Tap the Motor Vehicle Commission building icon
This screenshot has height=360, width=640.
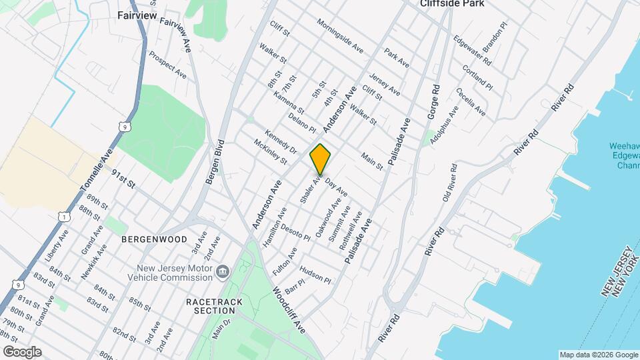[x=223, y=271]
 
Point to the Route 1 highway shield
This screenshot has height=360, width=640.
[x=63, y=217]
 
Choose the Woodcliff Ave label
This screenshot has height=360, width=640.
[x=289, y=311]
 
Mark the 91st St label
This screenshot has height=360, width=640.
[x=123, y=179]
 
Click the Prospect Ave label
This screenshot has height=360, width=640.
[x=167, y=64]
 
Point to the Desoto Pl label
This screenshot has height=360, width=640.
[x=295, y=232]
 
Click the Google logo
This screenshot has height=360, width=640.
[x=21, y=351]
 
